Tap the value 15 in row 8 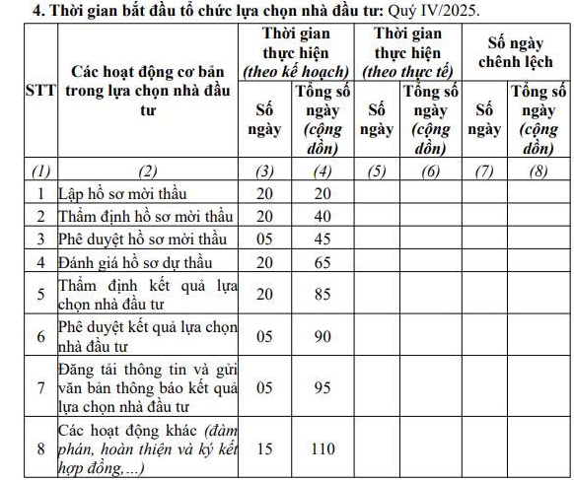coord(263,448)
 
